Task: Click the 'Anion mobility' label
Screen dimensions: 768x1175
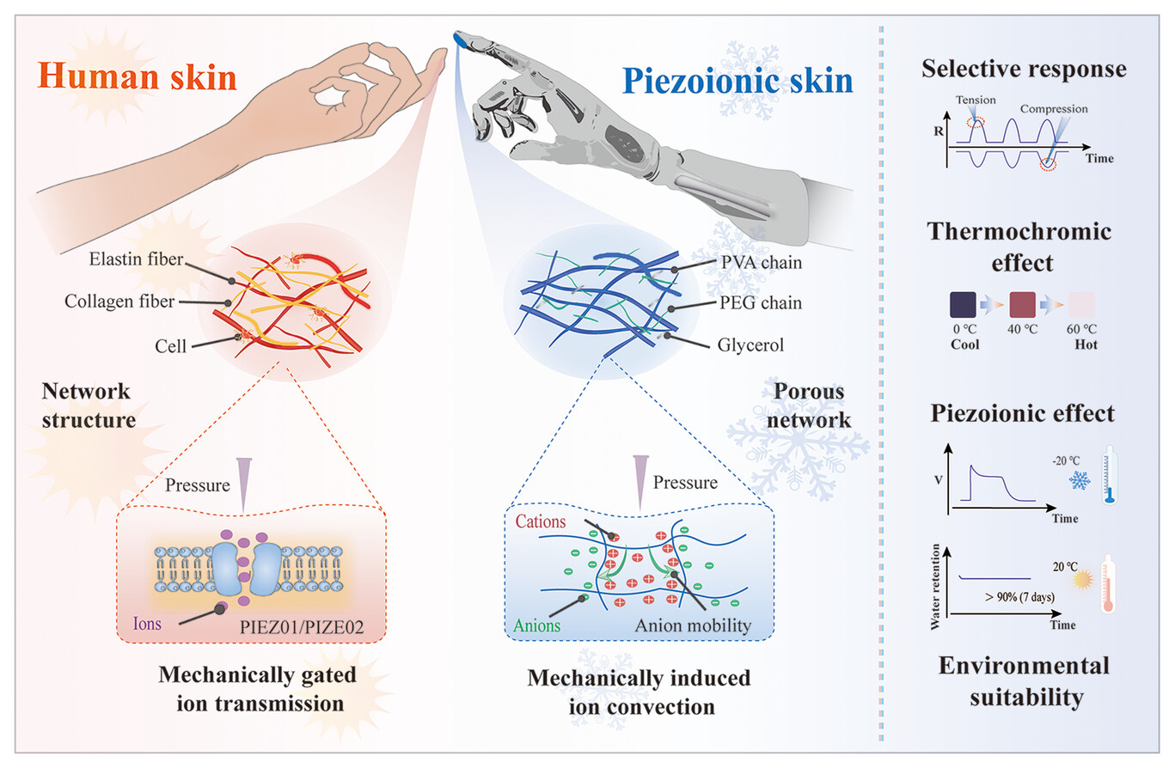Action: (692, 625)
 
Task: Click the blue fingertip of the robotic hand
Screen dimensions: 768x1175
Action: (462, 39)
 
